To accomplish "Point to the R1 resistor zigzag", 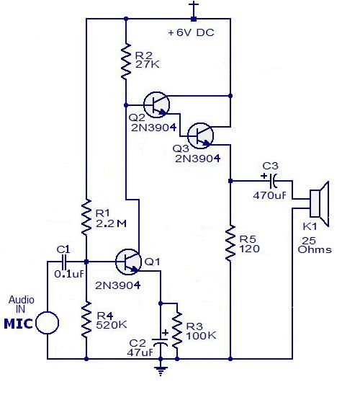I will click(86, 214).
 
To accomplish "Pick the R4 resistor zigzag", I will click(86, 317).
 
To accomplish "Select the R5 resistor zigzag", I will click(230, 244).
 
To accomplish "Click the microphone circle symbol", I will click(48, 322).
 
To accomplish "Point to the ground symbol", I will click(160, 371).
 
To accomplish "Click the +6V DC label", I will click(190, 33).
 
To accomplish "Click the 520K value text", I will click(111, 325).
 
